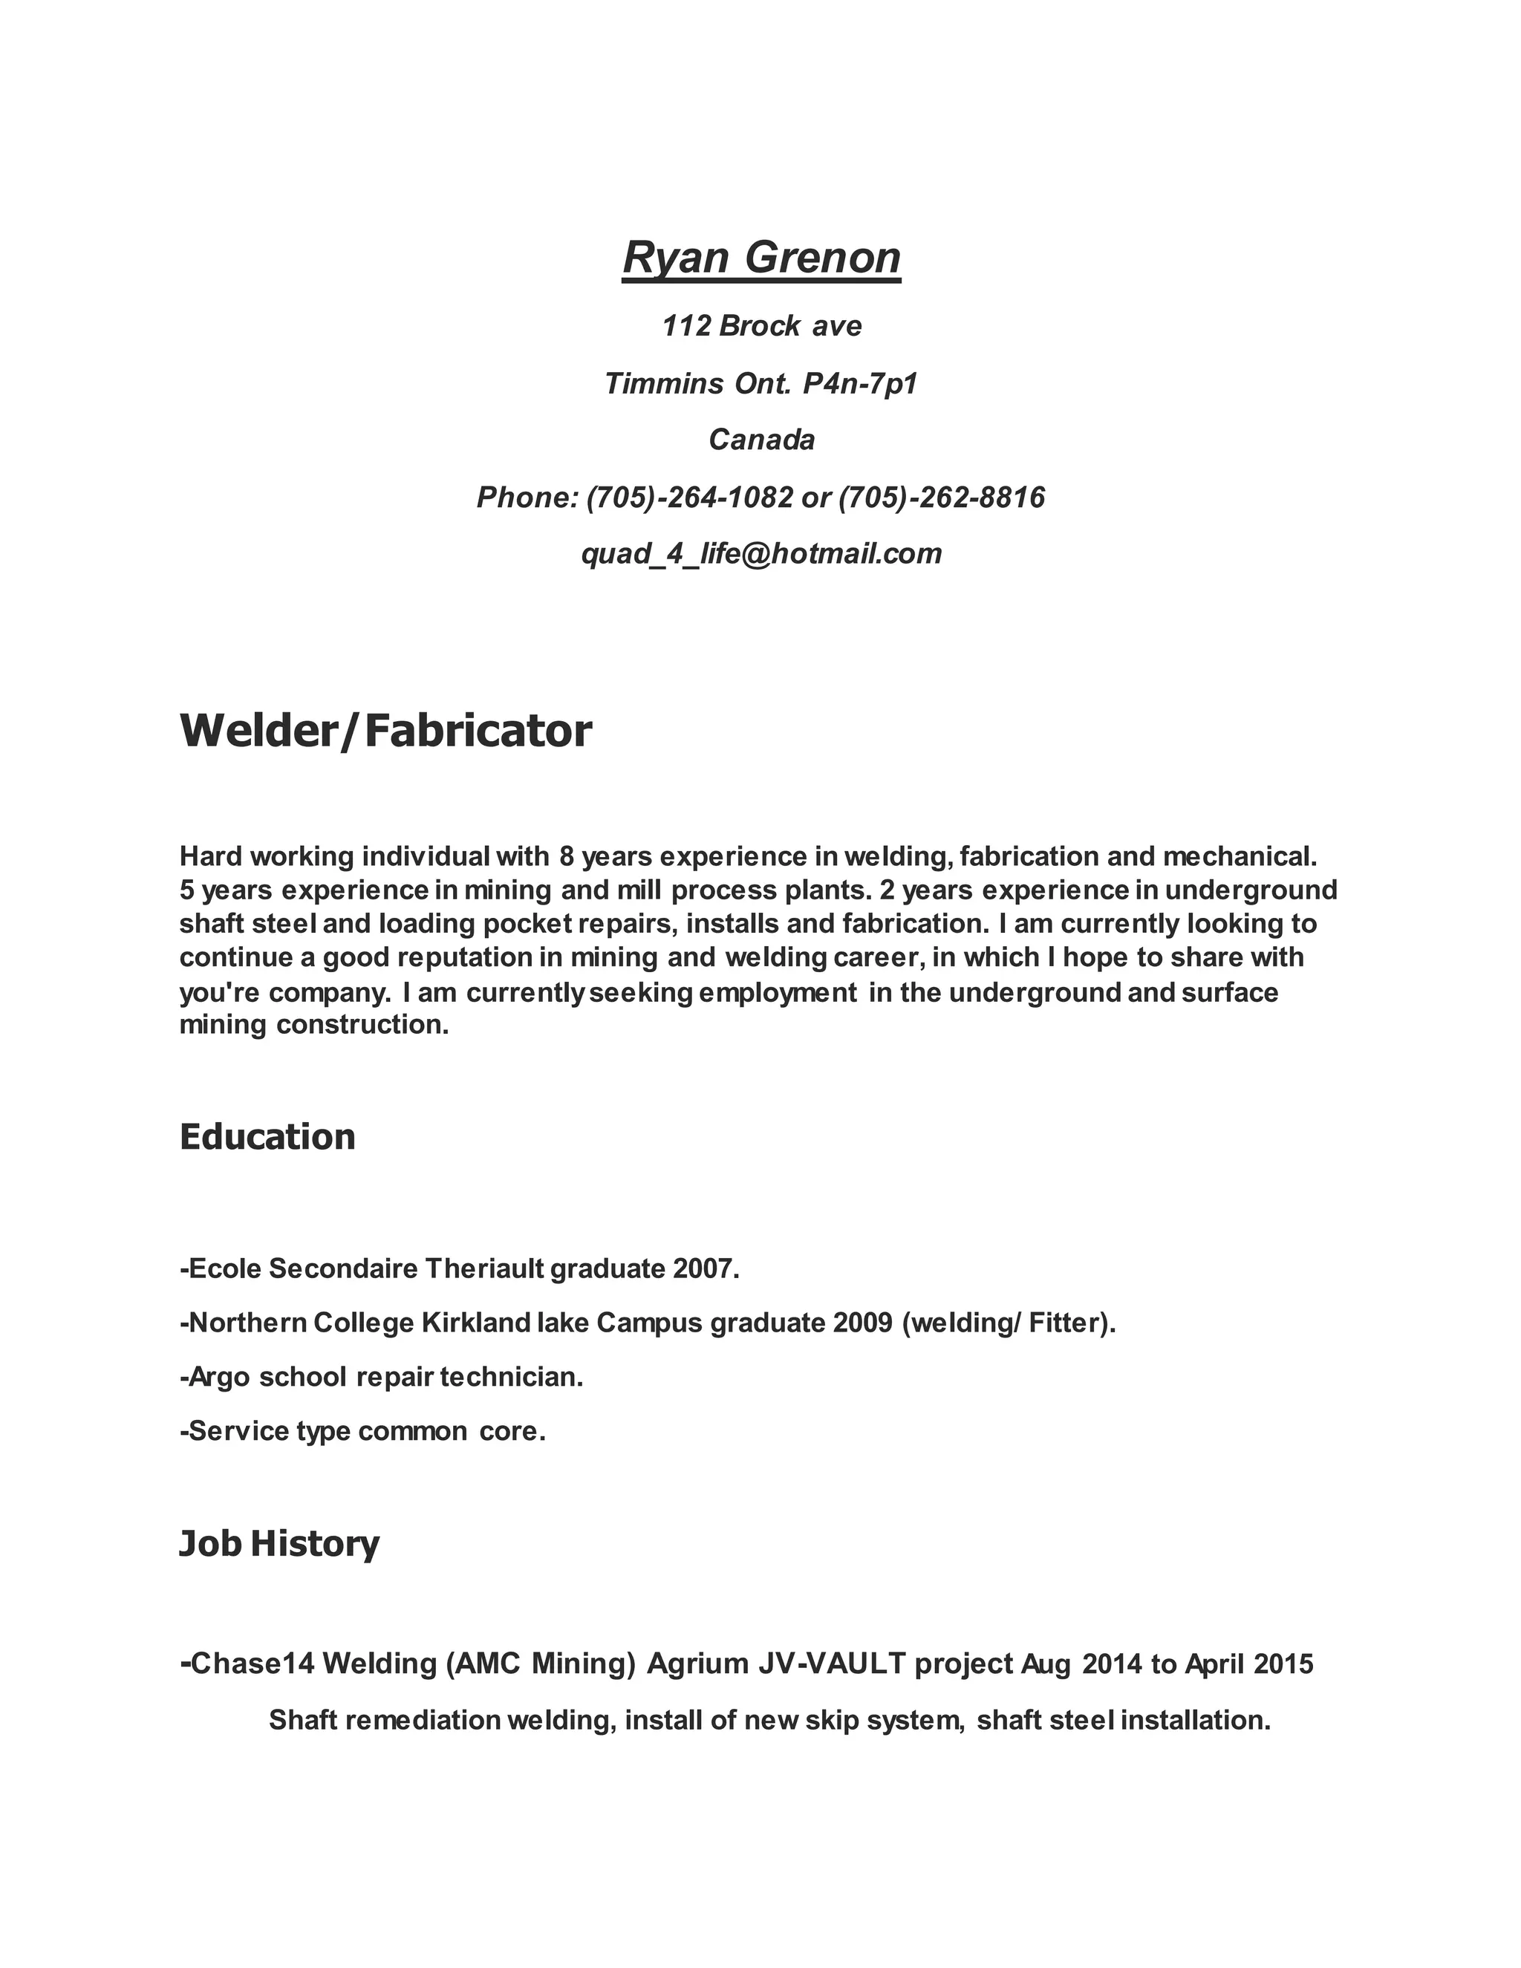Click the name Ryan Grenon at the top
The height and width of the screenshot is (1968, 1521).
coord(761,258)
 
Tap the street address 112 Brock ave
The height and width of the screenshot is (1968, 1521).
coord(761,325)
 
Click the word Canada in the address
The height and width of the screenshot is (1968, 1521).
coord(761,440)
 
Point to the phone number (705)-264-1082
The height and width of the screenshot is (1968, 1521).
coord(689,497)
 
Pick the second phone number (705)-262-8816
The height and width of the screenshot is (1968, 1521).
coord(942,497)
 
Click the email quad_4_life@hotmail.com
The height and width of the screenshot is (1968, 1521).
coord(761,553)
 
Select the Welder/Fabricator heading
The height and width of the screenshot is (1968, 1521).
coord(385,731)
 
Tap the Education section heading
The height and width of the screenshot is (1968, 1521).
coord(267,1137)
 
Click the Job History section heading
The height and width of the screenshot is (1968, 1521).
coord(279,1544)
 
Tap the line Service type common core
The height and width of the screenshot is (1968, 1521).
coord(363,1431)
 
